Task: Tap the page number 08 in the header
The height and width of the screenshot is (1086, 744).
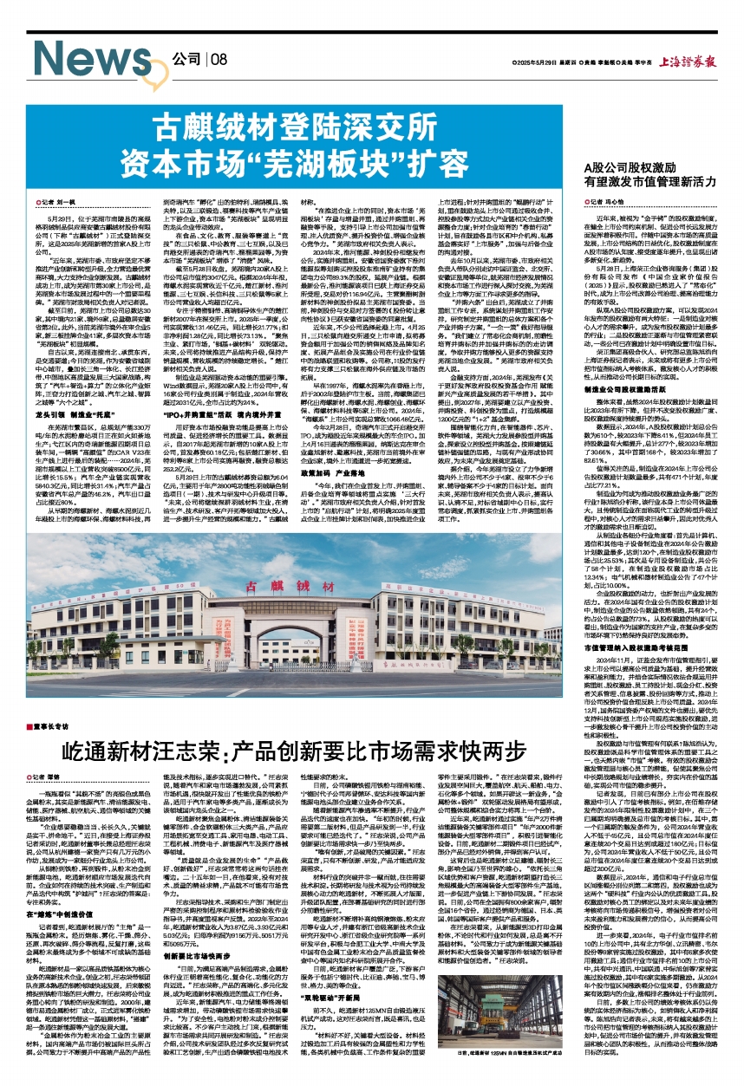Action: [x=217, y=59]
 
